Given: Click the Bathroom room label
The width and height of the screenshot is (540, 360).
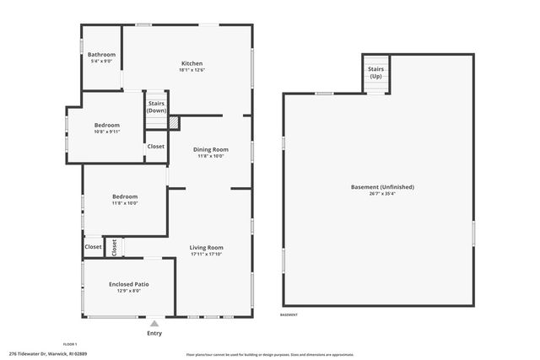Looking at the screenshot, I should click(x=102, y=55).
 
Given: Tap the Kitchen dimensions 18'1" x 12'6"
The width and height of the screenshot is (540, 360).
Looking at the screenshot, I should click(x=192, y=71).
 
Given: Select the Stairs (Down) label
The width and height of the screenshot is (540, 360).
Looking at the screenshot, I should click(x=156, y=107).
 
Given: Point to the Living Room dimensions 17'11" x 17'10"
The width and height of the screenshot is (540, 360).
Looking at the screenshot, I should click(x=206, y=254).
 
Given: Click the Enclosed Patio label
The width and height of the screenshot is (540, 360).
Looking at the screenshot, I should click(x=129, y=284).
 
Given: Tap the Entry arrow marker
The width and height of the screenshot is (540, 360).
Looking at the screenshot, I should click(x=154, y=322).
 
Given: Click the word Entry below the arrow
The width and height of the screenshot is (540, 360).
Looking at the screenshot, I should click(x=154, y=334).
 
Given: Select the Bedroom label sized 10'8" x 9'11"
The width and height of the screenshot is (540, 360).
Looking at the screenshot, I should click(x=106, y=126).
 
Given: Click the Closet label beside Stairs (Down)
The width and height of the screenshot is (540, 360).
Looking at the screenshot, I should click(x=156, y=147).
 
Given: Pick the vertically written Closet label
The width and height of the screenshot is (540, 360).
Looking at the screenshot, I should click(x=114, y=247).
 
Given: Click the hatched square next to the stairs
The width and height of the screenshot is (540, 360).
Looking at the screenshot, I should click(x=174, y=123).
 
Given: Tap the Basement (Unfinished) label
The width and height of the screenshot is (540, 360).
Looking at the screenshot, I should click(x=382, y=186).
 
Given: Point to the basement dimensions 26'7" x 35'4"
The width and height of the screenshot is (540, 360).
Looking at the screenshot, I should click(x=382, y=194).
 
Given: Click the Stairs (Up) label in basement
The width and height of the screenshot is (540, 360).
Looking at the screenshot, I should click(x=375, y=73).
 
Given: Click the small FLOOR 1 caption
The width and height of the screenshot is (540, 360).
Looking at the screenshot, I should click(x=70, y=344).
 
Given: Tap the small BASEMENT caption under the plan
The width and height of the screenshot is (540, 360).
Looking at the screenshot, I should click(x=289, y=314).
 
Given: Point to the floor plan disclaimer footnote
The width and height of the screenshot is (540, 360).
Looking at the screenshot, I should click(x=270, y=354).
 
